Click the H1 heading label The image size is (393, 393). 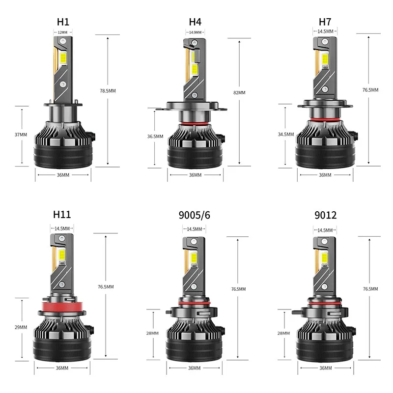click(x=62, y=22)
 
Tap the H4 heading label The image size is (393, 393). click(x=195, y=22)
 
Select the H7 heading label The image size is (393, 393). click(x=325, y=22)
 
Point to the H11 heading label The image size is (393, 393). click(x=62, y=214)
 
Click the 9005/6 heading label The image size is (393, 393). click(x=195, y=214)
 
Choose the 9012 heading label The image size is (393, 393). click(x=325, y=214)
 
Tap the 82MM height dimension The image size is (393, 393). click(x=239, y=92)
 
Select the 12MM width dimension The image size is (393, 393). click(x=62, y=32)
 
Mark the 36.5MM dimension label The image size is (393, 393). click(x=155, y=137)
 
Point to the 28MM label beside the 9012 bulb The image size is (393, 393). click(x=284, y=333)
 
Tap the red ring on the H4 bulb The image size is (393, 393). click(x=195, y=122)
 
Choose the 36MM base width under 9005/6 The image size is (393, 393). click(x=195, y=368)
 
